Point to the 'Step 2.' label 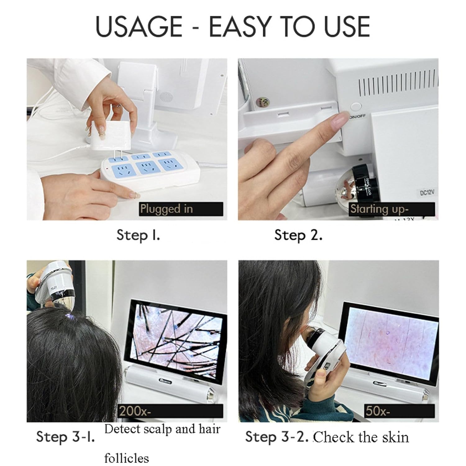coord(298,235)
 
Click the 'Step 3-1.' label coord(65,436)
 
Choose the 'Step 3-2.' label coord(276,436)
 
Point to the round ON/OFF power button coord(356,107)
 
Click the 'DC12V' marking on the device coord(427,193)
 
